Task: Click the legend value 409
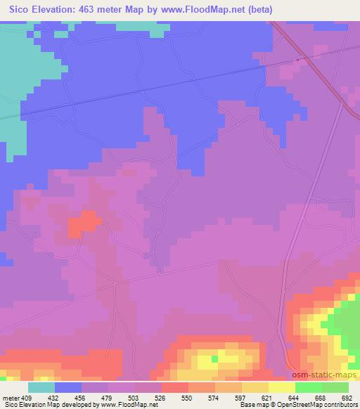(x=26, y=397)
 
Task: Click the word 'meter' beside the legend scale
(x=9, y=397)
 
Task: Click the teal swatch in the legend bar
(x=41, y=387)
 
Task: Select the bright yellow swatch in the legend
(x=281, y=387)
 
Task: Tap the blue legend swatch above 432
(x=68, y=387)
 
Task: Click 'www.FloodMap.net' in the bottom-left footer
(x=127, y=405)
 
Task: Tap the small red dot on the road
(x=298, y=60)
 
